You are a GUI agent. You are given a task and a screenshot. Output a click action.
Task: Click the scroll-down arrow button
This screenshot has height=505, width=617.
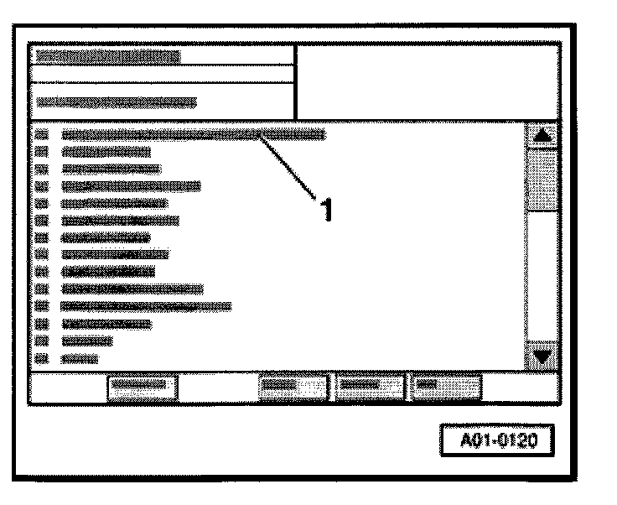(x=542, y=355)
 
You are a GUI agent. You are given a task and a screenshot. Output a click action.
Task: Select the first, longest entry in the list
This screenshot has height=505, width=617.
(x=193, y=134)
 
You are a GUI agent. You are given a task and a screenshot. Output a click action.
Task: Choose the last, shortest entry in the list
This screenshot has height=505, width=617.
(x=80, y=358)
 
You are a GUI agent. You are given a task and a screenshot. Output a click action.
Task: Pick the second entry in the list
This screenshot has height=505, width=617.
(x=106, y=152)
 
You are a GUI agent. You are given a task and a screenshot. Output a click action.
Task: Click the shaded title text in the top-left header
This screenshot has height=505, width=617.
(x=108, y=56)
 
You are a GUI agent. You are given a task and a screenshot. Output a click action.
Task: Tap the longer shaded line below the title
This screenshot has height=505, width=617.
(x=117, y=102)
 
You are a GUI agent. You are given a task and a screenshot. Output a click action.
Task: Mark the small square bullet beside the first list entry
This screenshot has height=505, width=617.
(x=44, y=134)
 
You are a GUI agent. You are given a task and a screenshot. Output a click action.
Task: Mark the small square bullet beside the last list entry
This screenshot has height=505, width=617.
(x=44, y=358)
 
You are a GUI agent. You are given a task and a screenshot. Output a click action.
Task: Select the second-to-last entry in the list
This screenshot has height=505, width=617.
(x=87, y=341)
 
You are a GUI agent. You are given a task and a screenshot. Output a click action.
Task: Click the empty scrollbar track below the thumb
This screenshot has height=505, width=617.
(x=542, y=277)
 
